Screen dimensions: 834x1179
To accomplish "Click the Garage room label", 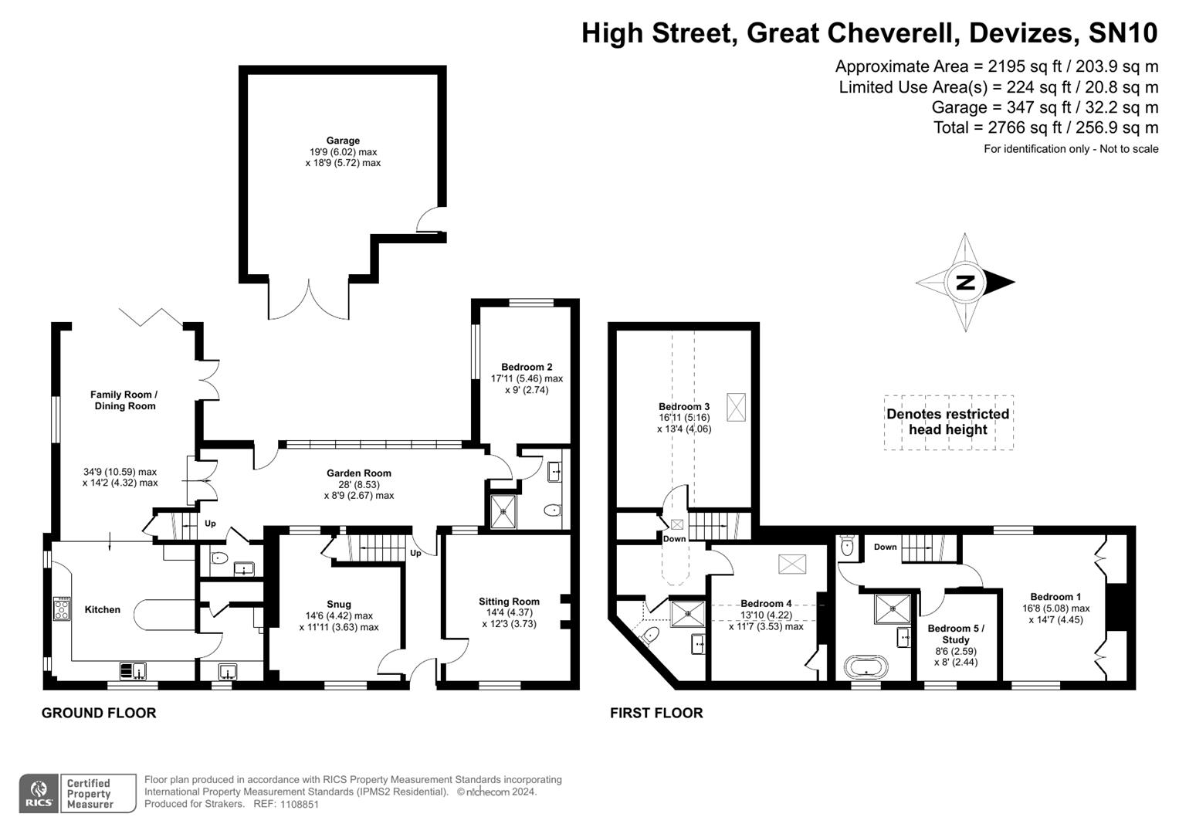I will tap(343, 141).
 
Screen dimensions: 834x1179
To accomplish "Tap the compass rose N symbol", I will tap(965, 283).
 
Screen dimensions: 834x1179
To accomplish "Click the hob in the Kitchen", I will tap(62, 609).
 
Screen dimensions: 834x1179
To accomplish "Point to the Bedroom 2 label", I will tap(527, 368).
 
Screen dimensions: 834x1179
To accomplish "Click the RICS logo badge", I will tap(37, 793).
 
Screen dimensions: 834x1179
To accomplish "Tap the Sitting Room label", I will tap(509, 602).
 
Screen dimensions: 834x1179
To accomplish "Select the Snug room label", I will tap(339, 605).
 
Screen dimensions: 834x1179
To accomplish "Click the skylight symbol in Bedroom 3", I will tap(737, 407).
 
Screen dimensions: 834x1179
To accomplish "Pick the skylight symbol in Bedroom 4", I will tap(791, 564).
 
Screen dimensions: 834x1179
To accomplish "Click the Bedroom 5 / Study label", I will tap(955, 634).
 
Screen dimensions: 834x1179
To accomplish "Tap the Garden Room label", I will tap(358, 473).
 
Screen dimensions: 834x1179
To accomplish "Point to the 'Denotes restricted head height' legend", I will tap(948, 422).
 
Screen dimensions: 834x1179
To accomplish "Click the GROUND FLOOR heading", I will tap(99, 713).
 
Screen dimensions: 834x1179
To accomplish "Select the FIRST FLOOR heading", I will tap(656, 713).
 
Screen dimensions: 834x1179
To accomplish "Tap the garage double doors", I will tap(309, 300).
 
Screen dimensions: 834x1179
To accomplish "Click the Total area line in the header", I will tap(1045, 127).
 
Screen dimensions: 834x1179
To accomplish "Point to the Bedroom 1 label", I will tap(1055, 597).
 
